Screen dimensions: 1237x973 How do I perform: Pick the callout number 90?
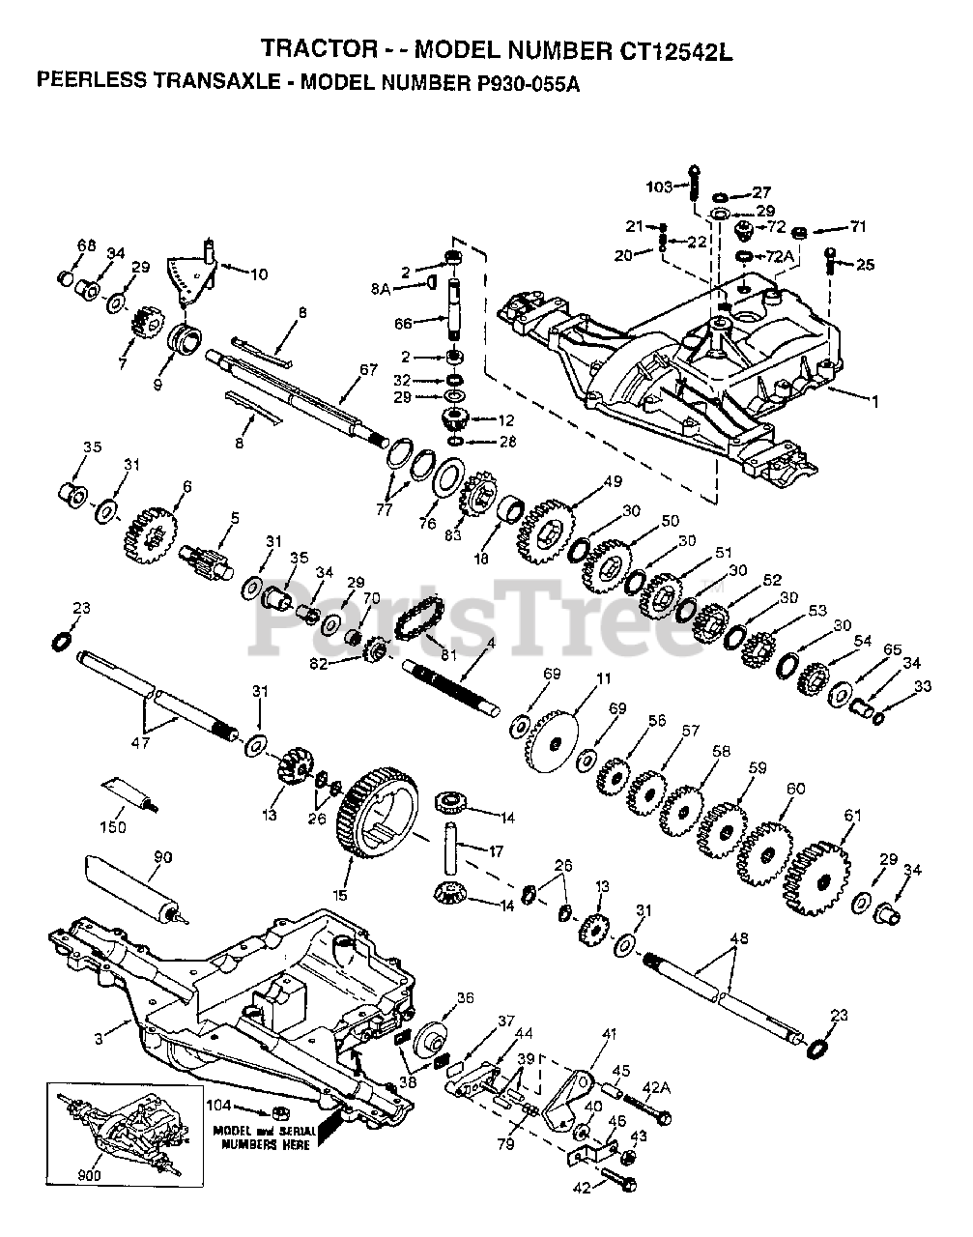(x=162, y=857)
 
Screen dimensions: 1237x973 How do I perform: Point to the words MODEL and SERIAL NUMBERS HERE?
(x=264, y=1136)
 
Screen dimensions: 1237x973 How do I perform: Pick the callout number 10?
(x=258, y=273)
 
